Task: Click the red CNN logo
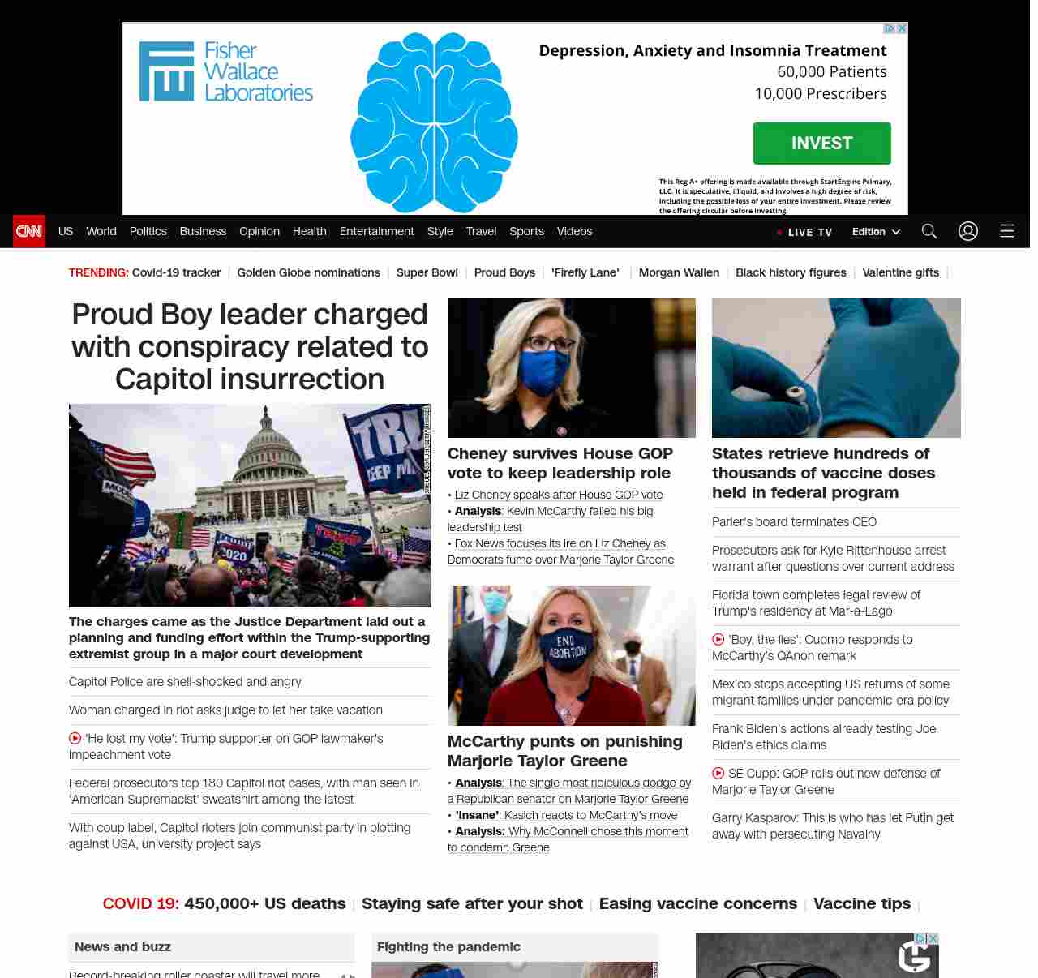[x=29, y=231]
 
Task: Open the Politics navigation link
[x=148, y=231]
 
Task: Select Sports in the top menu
[x=526, y=231]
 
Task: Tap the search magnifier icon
[x=929, y=231]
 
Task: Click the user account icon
[x=968, y=231]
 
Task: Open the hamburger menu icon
[x=1007, y=231]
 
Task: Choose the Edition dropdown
[x=876, y=231]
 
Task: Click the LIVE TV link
[x=804, y=232]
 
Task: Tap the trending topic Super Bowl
[x=427, y=272]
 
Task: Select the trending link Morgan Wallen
[x=679, y=272]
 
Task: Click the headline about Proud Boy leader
[x=250, y=346]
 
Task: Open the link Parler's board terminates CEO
[x=794, y=522]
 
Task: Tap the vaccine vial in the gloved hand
[x=796, y=392]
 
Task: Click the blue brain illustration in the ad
[x=434, y=122]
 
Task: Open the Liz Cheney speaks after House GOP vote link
[x=559, y=495]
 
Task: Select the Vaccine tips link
[x=861, y=903]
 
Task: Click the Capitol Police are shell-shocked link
[x=185, y=682]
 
